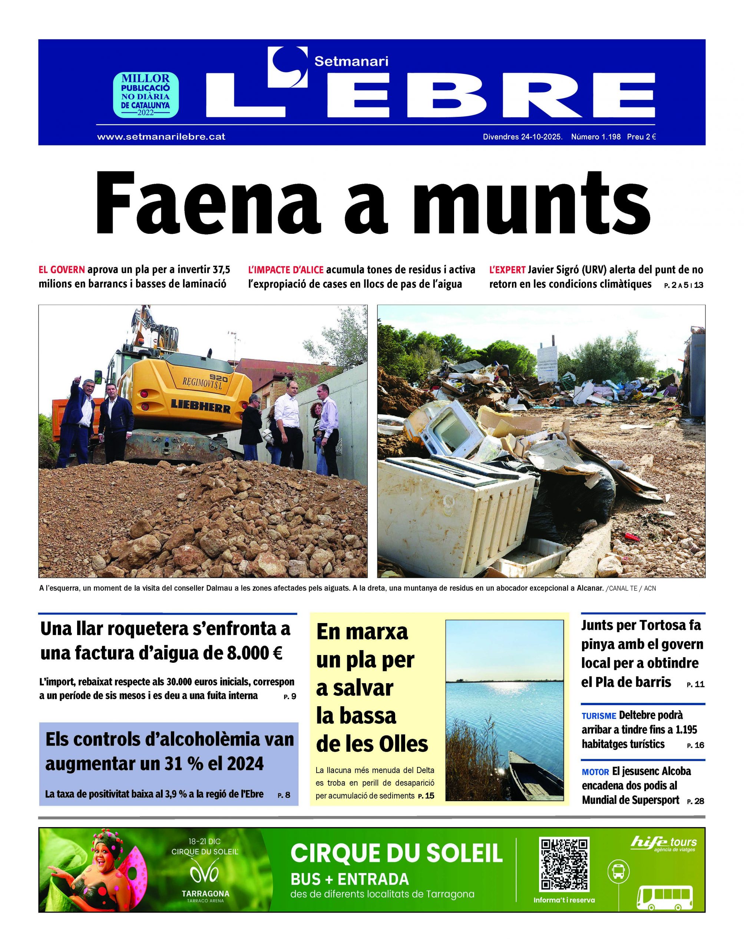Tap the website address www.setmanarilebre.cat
pyautogui.click(x=161, y=137)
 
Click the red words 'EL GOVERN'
pyautogui.click(x=62, y=269)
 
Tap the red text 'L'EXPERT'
pyautogui.click(x=507, y=269)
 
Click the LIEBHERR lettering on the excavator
pyautogui.click(x=201, y=404)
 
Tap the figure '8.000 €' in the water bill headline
pyautogui.click(x=254, y=653)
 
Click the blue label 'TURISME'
pyautogui.click(x=599, y=716)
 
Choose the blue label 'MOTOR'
pyautogui.click(x=595, y=772)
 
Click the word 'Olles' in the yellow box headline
pyautogui.click(x=401, y=744)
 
